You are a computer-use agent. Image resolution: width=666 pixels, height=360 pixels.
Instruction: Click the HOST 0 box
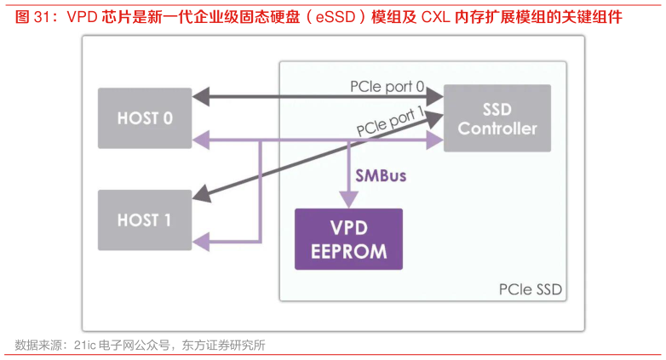[x=144, y=117]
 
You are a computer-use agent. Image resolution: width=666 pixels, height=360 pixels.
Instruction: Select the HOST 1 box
[x=144, y=220]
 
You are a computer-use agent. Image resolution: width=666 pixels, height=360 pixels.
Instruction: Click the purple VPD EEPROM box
[x=347, y=240]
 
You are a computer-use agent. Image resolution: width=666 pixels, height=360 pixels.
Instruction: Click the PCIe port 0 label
[x=387, y=87]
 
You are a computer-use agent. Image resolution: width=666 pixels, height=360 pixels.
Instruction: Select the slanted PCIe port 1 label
[x=390, y=122]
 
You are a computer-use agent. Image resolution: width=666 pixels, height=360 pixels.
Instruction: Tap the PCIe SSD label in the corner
[x=530, y=290]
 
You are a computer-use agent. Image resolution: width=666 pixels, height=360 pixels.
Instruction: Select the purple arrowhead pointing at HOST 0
[x=199, y=140]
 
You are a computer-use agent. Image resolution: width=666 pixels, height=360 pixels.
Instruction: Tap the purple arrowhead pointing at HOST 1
[x=199, y=244]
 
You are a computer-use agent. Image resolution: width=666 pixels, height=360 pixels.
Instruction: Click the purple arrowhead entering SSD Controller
[x=437, y=140]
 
